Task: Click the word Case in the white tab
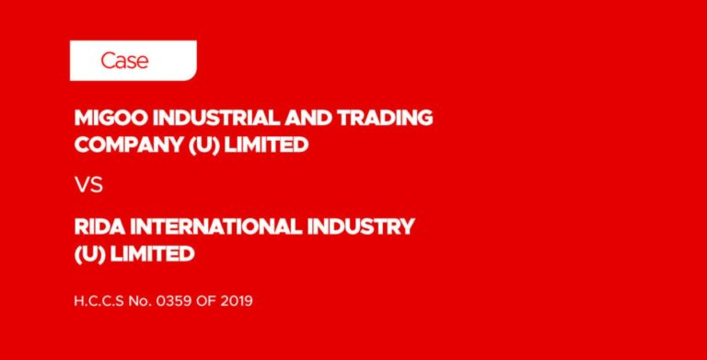(124, 62)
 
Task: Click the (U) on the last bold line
(89, 253)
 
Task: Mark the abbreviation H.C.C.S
(102, 300)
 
